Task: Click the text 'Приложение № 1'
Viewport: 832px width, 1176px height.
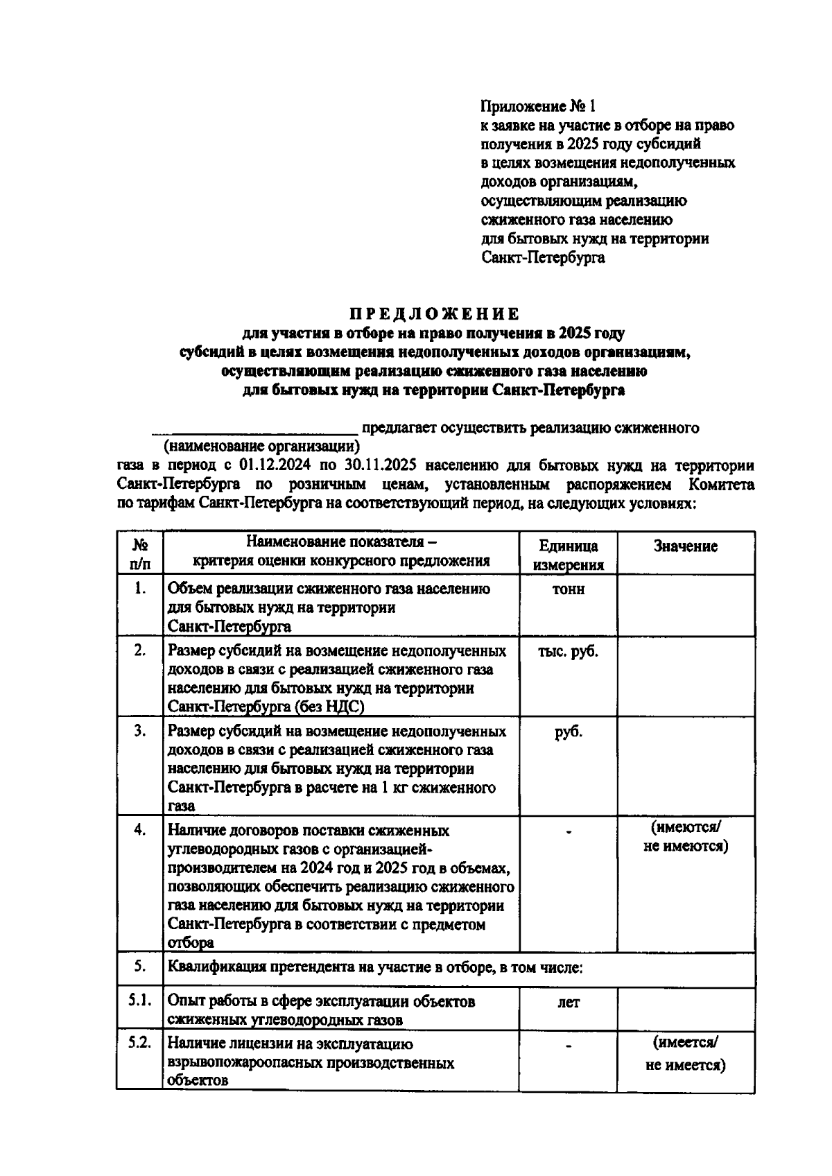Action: click(x=537, y=106)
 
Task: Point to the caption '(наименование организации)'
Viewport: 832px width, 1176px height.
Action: click(x=261, y=446)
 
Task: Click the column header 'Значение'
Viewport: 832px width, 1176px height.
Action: click(x=685, y=546)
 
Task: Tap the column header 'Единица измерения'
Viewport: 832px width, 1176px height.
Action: click(x=568, y=555)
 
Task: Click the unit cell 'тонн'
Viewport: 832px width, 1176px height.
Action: click(x=568, y=589)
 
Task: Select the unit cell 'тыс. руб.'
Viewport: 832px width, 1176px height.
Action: click(x=568, y=652)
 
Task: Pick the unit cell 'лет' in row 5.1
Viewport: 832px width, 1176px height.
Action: click(x=568, y=1002)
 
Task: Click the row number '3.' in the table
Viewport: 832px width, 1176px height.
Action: click(x=139, y=731)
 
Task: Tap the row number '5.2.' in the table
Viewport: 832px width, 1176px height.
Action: click(x=139, y=1044)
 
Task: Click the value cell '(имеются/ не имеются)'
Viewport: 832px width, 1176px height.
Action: click(x=685, y=836)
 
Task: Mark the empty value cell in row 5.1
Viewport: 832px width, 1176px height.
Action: click(x=685, y=1009)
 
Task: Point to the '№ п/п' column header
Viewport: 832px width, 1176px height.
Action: click(x=139, y=555)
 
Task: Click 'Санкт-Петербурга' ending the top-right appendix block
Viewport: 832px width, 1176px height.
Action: click(x=542, y=258)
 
